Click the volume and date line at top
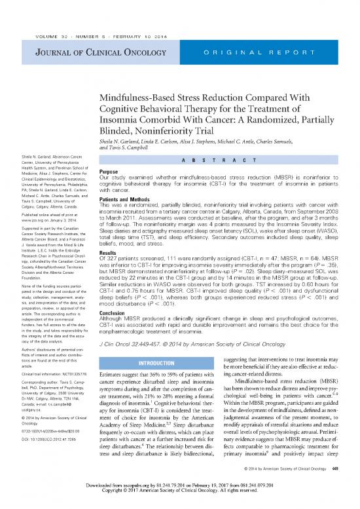(101, 9)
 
